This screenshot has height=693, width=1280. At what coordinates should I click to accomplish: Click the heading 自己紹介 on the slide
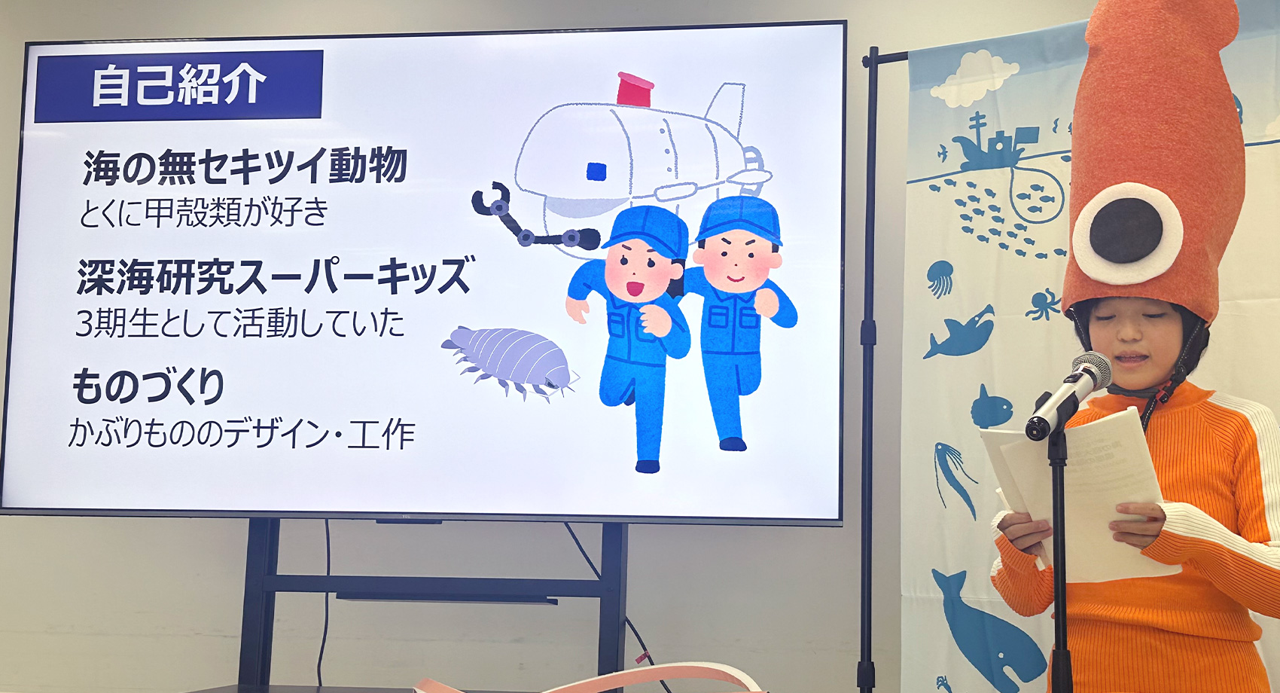(178, 84)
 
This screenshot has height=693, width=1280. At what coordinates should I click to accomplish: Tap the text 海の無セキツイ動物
(245, 166)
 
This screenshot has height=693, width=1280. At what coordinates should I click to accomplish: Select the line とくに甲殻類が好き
(204, 212)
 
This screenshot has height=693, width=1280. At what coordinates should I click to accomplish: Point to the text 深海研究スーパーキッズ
(276, 276)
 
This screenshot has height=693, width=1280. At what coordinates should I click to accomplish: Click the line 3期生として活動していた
(240, 323)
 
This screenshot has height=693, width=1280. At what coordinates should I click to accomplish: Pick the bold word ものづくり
(148, 386)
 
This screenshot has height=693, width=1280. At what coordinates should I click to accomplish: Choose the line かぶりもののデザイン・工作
(242, 434)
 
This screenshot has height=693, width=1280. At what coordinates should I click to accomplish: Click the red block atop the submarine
(635, 90)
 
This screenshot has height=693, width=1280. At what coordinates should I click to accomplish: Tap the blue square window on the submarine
(597, 171)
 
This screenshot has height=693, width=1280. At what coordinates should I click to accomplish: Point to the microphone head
(1091, 371)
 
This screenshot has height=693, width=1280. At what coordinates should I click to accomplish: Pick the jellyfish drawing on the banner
(940, 277)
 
